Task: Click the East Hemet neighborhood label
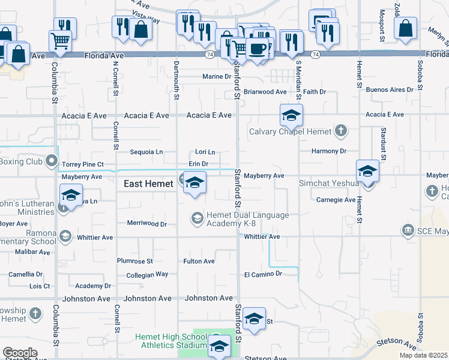pos(148,184)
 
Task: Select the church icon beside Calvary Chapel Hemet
pos(341,130)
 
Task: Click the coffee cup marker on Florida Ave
pos(258,49)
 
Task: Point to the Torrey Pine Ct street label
pos(83,164)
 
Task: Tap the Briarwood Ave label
pos(265,92)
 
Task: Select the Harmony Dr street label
pos(329,151)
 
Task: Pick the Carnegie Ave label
pos(336,200)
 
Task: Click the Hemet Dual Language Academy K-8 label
pos(247,220)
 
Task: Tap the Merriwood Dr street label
pos(146,223)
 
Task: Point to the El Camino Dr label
pos(263,274)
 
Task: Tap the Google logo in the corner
pos(20,353)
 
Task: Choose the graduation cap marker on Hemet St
pos(367,171)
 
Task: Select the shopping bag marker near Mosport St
pos(405,28)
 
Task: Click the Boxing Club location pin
pos(52,161)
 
